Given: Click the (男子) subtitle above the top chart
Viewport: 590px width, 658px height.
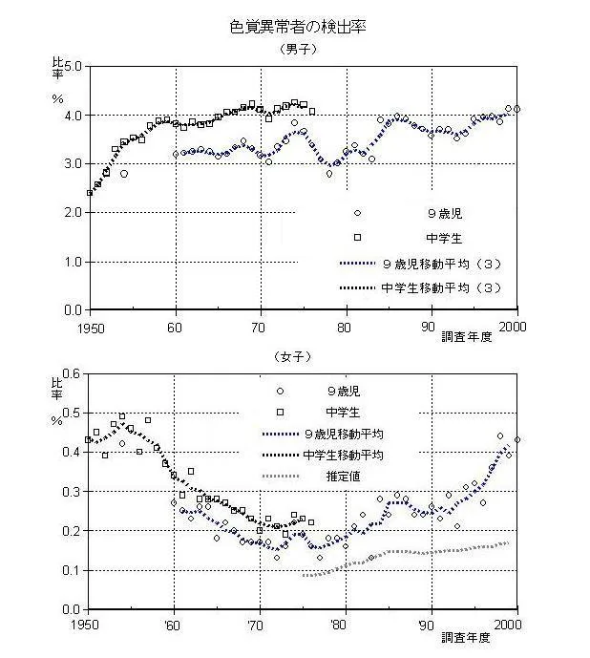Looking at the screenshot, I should [x=298, y=50].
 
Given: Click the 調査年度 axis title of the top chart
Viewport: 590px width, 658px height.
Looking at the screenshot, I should [x=466, y=336].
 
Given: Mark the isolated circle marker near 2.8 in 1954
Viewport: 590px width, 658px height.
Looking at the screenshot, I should [x=124, y=174].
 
